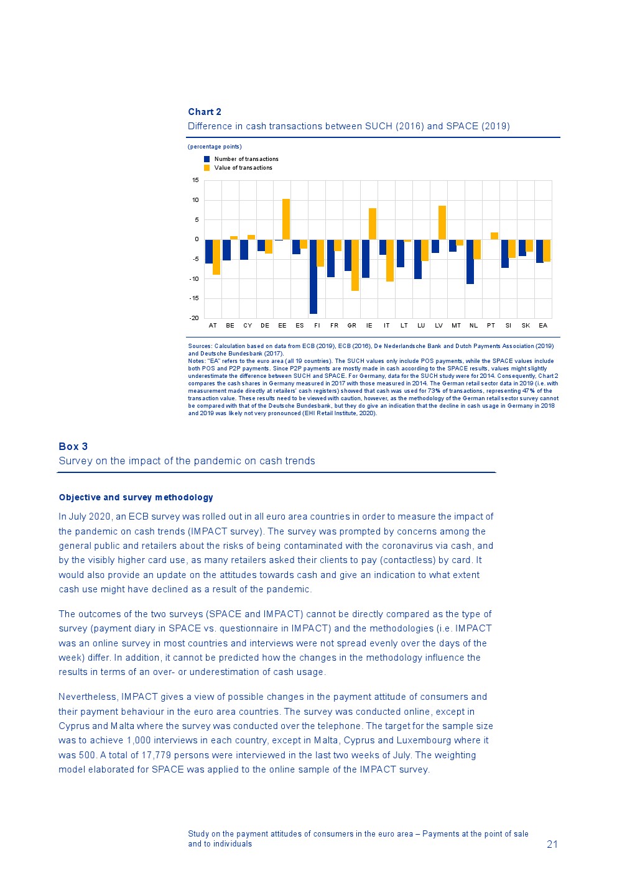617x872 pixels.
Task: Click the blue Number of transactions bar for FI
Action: coord(313,277)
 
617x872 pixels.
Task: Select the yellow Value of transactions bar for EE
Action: coord(286,219)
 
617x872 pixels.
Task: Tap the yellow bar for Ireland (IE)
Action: coord(373,224)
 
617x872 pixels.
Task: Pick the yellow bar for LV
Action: coord(442,223)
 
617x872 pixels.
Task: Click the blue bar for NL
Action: coord(470,262)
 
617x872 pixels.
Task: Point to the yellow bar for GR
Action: coord(355,265)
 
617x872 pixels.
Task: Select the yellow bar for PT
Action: coord(494,236)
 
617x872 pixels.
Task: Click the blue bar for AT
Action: coord(209,252)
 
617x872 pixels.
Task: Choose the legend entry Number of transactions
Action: coord(246,159)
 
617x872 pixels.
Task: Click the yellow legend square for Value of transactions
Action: coord(207,168)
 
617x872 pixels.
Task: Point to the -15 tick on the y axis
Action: coord(195,298)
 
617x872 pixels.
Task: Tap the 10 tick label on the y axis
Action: coord(195,200)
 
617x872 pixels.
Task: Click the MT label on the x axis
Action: coord(456,326)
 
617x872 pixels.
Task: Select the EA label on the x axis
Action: coord(543,326)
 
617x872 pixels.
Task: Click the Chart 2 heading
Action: coord(205,112)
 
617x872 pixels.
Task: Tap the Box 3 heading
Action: coord(73,446)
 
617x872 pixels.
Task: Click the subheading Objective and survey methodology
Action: coord(136,497)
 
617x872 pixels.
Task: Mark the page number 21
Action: coord(552,844)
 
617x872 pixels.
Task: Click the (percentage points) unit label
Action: coord(215,147)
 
